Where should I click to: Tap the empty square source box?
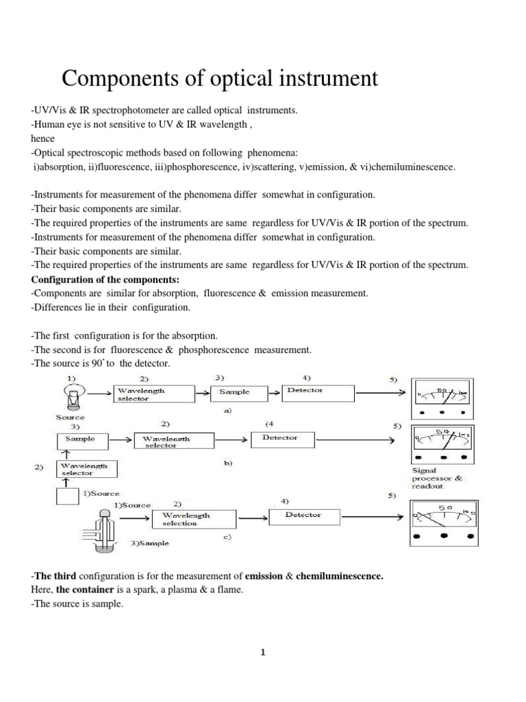[68, 496]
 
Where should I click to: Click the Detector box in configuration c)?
[303, 516]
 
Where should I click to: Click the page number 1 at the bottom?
[262, 653]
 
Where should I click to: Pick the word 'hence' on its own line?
[42, 138]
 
